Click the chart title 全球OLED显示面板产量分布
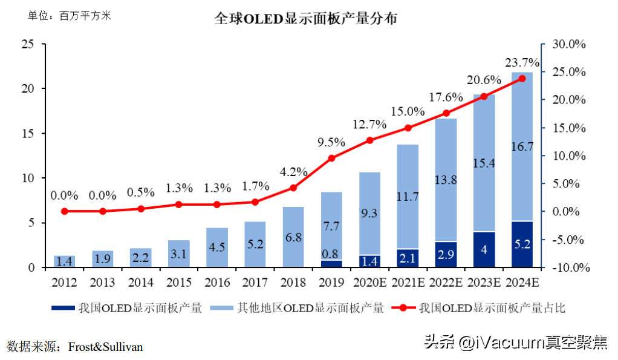click(x=306, y=19)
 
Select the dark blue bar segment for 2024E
click(x=522, y=244)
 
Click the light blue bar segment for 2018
click(x=293, y=237)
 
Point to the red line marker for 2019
click(x=331, y=159)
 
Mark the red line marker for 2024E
click(x=522, y=79)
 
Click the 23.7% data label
click(x=522, y=62)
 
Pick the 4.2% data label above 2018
click(x=293, y=172)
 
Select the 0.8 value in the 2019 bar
click(x=331, y=254)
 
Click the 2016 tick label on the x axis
click(x=217, y=282)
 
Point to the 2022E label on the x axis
click(x=446, y=282)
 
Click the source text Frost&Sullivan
click(x=106, y=347)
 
